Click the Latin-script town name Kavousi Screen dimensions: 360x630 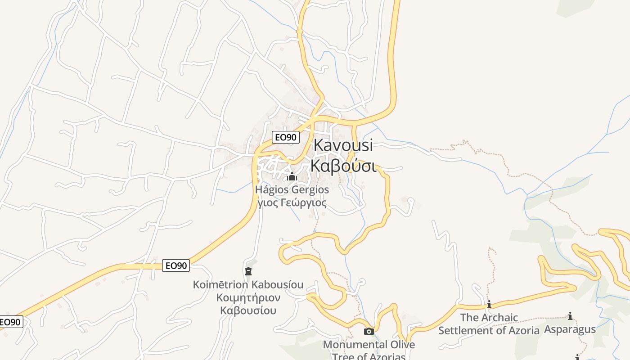coord(343,145)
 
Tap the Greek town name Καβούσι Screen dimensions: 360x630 coord(343,166)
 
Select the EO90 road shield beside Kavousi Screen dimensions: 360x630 coord(285,137)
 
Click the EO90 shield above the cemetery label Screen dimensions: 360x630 coord(176,265)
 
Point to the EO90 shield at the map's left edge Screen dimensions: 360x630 coord(10,322)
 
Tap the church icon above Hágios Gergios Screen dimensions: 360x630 coord(292,176)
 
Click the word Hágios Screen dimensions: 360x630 coord(273,190)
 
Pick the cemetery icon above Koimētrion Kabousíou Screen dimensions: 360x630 coord(248,271)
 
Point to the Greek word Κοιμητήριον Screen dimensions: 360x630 coord(248,297)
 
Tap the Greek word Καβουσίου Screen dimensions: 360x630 coord(248,310)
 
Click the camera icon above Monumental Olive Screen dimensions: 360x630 coord(369,332)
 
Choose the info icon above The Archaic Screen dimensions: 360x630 coord(489,305)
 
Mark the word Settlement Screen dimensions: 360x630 coord(463,330)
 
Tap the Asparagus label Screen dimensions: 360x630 coord(570,329)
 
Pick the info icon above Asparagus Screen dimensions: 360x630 coord(570,316)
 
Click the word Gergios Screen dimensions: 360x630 coord(311,190)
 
